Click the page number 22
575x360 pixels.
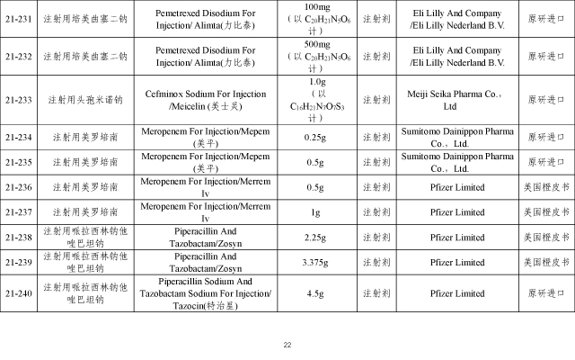click(x=287, y=345)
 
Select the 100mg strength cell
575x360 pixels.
click(x=314, y=18)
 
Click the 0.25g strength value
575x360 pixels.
click(x=314, y=137)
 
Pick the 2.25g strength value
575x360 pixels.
click(x=314, y=238)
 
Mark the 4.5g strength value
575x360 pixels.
click(x=314, y=293)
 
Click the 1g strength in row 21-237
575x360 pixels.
click(x=314, y=212)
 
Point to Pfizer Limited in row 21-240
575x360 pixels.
click(x=450, y=293)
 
